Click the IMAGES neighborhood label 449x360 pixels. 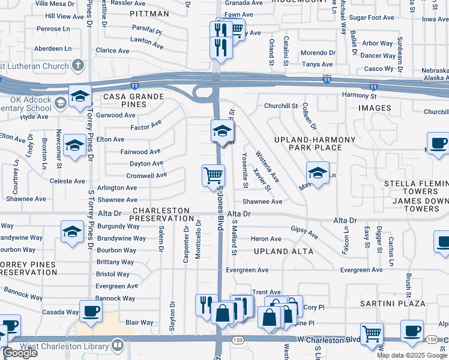375,109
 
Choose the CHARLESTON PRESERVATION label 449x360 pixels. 163,215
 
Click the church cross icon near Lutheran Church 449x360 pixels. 77,65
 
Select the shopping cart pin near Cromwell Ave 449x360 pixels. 214,176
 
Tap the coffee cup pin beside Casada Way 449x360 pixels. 91,311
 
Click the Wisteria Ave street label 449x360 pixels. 267,166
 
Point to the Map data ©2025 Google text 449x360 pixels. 411,355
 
